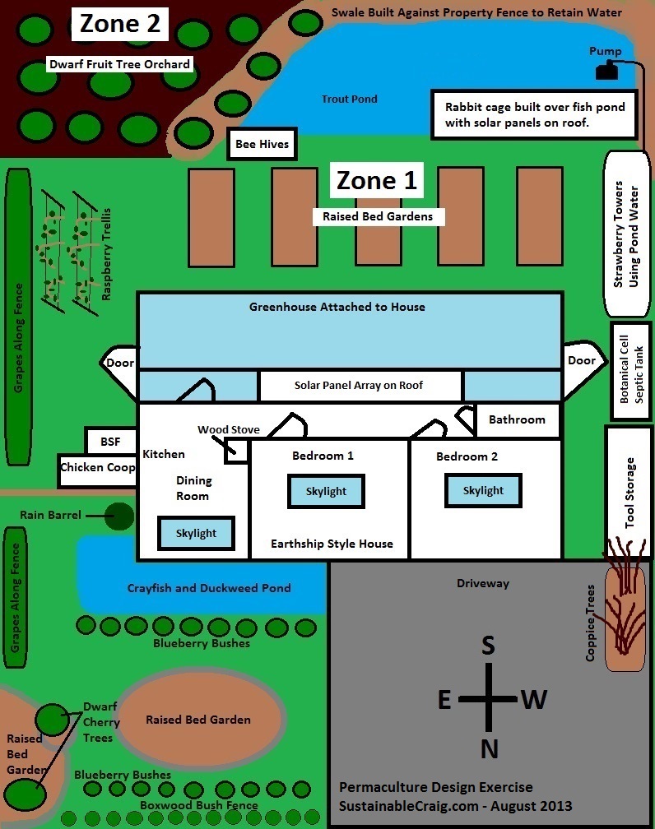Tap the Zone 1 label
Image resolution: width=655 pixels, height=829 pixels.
click(378, 180)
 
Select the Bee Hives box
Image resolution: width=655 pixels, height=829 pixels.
click(262, 145)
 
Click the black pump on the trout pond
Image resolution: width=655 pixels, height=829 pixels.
click(606, 72)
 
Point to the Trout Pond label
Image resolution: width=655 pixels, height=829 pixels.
click(350, 100)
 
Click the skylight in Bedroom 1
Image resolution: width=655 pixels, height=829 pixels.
click(326, 491)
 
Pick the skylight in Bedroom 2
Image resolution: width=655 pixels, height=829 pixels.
click(483, 490)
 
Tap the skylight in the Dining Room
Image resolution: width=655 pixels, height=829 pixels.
click(197, 533)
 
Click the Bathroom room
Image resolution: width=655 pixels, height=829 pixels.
click(518, 420)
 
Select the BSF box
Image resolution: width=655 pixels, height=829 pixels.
click(110, 442)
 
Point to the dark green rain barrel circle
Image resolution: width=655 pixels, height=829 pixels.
click(119, 516)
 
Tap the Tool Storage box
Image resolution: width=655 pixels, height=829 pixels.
click(629, 492)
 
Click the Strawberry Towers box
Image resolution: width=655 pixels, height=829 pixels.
click(629, 233)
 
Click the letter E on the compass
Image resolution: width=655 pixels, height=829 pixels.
click(444, 700)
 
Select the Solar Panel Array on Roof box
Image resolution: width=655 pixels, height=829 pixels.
click(359, 385)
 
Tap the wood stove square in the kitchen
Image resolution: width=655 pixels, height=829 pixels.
click(237, 451)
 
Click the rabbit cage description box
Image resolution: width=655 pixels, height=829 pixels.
click(534, 114)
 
